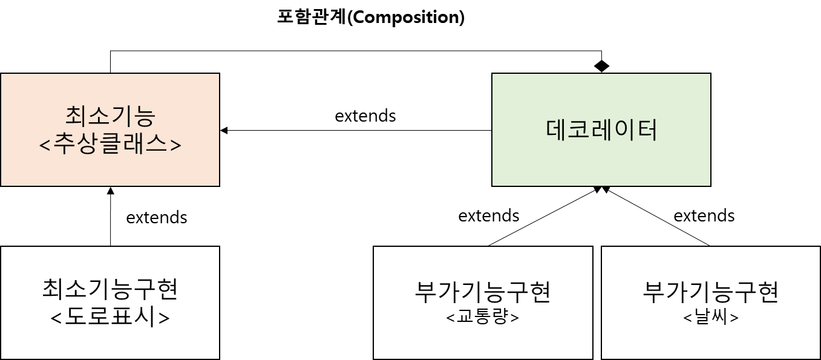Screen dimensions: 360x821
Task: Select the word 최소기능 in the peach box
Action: pos(110,116)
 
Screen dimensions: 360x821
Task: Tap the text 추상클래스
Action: pos(110,145)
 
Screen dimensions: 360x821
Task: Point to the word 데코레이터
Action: pos(601,130)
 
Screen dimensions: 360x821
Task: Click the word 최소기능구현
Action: pos(110,289)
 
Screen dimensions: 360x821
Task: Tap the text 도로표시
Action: pos(110,317)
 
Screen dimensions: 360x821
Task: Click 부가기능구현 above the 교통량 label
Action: pos(483,292)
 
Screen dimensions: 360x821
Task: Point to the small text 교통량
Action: pos(483,317)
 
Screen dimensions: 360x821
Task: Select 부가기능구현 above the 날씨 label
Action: pos(711,292)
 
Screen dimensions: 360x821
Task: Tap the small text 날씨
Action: pos(711,317)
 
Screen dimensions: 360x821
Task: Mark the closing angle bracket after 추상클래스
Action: pos(175,146)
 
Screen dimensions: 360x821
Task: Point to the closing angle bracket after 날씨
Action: pos(734,318)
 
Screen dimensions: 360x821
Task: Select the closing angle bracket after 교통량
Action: pos(514,318)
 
